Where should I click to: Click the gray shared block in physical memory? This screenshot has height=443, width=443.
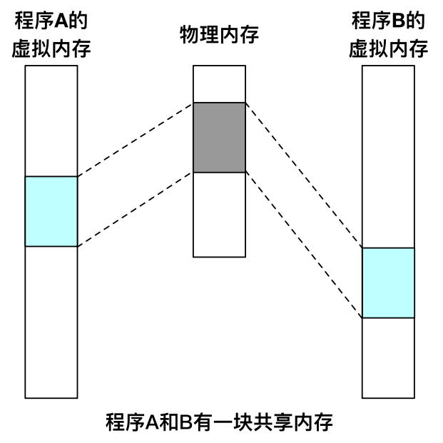[219, 138]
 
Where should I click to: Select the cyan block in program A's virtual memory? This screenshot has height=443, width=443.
[51, 211]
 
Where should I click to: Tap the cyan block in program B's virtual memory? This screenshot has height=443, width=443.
[388, 282]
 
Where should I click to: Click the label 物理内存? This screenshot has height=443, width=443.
[219, 33]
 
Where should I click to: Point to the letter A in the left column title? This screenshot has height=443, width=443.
[63, 20]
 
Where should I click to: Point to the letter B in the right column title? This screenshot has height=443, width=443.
[399, 20]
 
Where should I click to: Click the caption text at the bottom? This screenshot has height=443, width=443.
[219, 421]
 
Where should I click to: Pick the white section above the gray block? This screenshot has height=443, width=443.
[219, 84]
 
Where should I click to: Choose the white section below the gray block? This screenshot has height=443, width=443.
[219, 214]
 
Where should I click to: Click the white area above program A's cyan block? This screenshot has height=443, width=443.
[51, 121]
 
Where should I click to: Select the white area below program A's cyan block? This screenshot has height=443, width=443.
[51, 321]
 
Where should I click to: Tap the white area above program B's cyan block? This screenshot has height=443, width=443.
[388, 157]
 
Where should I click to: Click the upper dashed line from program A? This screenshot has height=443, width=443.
[136, 139]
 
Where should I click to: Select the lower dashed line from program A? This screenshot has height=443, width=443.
[136, 209]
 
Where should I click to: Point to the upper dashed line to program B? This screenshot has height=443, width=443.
[304, 175]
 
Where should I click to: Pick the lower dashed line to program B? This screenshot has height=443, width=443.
[304, 245]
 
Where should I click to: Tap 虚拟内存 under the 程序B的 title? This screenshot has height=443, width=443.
[388, 49]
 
